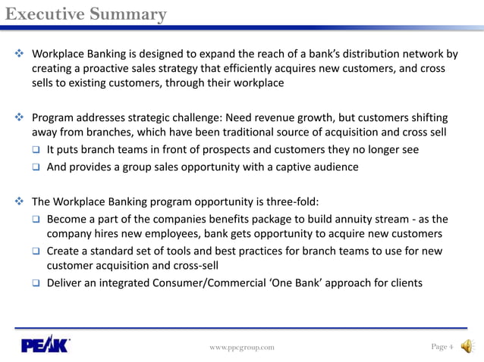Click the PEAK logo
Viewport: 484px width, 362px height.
coord(46,346)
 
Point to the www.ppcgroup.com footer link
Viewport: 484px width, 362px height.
coord(242,347)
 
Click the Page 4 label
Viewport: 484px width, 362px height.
coord(442,346)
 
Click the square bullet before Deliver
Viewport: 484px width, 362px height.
coord(36,284)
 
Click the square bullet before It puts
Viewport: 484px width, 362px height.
coord(36,150)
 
